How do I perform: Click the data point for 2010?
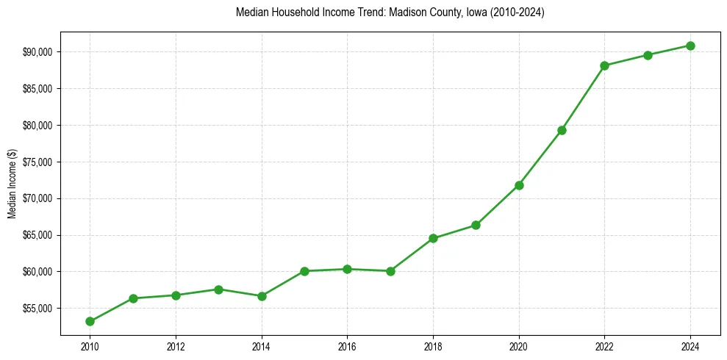(90, 321)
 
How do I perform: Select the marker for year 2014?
(262, 296)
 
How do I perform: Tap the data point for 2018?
(433, 238)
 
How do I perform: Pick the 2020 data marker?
(519, 185)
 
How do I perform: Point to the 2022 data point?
(604, 65)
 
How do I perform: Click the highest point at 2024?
(690, 46)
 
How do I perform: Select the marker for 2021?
(562, 130)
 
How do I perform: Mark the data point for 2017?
(390, 271)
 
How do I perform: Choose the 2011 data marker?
(133, 298)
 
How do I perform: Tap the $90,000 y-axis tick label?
(39, 52)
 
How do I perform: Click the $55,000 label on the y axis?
(39, 309)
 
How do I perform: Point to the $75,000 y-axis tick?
(39, 162)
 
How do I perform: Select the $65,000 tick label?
(39, 235)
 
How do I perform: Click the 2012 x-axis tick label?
(176, 347)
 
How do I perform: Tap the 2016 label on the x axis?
(347, 347)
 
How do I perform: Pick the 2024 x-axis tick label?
(690, 347)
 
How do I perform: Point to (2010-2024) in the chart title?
(518, 12)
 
